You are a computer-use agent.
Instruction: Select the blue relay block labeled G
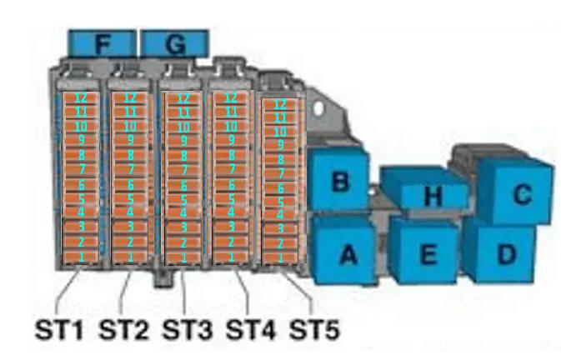tap(174, 43)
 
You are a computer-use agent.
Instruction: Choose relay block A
tap(344, 252)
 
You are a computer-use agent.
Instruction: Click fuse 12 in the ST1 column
tap(82, 98)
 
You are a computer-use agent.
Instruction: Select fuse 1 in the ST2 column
tap(130, 255)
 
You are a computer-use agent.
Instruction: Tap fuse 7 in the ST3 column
tap(183, 169)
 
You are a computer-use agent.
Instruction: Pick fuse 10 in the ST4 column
tap(232, 126)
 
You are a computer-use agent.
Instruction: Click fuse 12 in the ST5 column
tap(280, 104)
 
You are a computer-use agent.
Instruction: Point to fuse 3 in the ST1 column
tap(82, 227)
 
